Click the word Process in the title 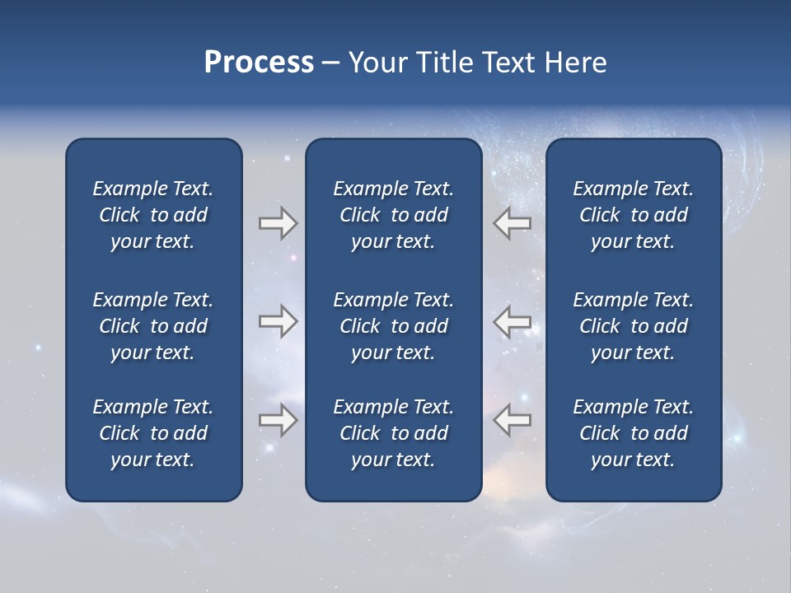259,63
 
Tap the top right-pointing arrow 278,223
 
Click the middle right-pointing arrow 278,321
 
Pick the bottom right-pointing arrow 278,420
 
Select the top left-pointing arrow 512,223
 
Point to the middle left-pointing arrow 512,321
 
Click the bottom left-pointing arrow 512,420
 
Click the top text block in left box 153,215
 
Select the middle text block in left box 153,326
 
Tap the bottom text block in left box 153,433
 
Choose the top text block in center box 393,215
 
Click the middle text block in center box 393,326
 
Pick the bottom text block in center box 393,433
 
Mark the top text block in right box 633,215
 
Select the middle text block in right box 633,326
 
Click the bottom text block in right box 633,433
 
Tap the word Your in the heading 375,63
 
